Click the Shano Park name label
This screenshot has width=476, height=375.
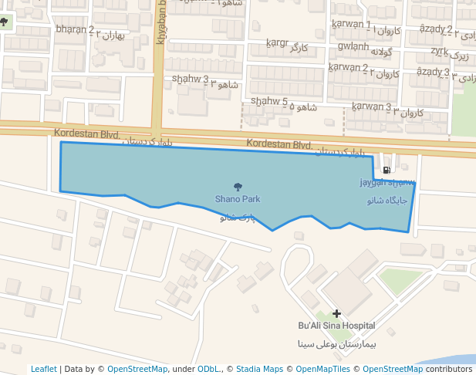coord(238,199)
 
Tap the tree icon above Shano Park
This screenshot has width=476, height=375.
coord(238,187)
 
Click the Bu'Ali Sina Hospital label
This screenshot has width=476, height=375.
coord(336,326)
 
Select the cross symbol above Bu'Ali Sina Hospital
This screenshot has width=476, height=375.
coord(336,313)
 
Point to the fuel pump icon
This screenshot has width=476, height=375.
coord(387,171)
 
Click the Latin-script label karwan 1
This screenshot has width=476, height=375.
coord(351,25)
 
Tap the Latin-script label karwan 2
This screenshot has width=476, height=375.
coord(348,67)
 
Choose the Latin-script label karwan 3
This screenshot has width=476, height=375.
coord(371,106)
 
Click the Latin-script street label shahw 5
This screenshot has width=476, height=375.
coord(269,100)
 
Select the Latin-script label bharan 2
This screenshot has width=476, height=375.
coord(75,30)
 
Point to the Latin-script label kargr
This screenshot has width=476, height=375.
coord(276,42)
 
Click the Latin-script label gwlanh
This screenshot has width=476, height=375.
coord(353,46)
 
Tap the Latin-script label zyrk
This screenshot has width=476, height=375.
coord(439,51)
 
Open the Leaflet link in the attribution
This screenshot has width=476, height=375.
coord(43,369)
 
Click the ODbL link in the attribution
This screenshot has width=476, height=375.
coord(208,369)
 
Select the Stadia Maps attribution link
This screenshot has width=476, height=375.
coord(259,369)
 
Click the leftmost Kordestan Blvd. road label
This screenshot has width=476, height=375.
coord(83,133)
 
